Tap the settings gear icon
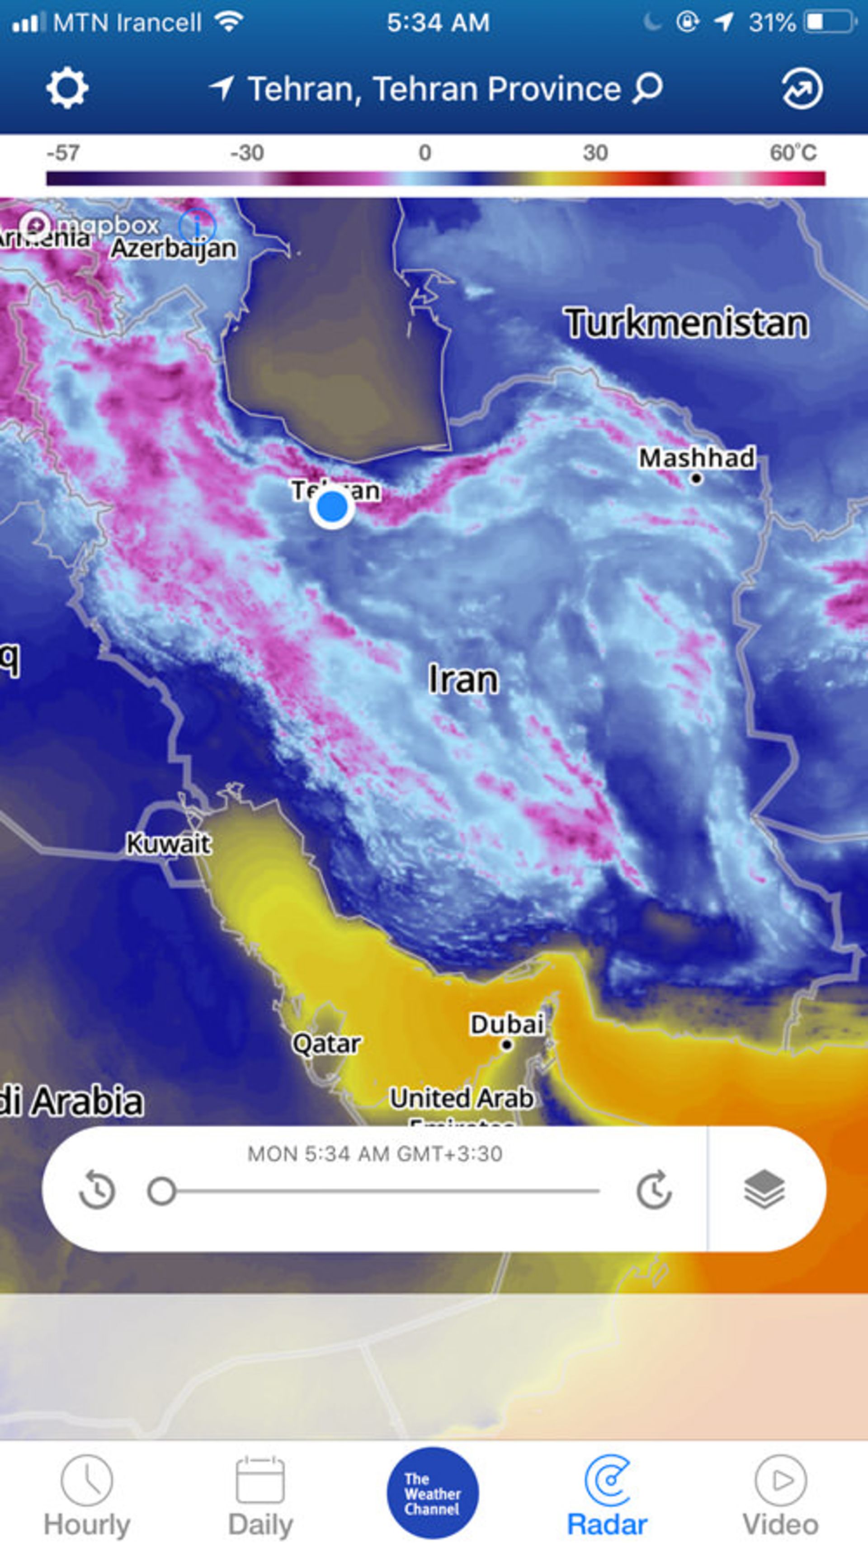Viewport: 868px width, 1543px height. [x=67, y=88]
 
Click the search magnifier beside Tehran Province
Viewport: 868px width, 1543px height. [x=647, y=88]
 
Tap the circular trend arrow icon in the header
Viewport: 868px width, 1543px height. [x=802, y=89]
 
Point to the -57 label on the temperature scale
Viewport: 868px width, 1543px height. [x=63, y=153]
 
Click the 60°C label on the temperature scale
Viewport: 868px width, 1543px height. [x=793, y=153]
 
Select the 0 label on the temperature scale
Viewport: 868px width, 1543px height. [x=425, y=153]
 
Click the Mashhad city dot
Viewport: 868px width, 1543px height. [x=696, y=478]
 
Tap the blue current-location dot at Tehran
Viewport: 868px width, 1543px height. [x=332, y=508]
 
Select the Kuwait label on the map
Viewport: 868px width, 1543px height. [x=168, y=844]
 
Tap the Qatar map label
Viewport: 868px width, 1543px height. [x=326, y=1044]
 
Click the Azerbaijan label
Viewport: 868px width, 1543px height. [x=174, y=248]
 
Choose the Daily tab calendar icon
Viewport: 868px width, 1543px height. [x=260, y=1480]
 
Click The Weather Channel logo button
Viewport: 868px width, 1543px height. [x=433, y=1493]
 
